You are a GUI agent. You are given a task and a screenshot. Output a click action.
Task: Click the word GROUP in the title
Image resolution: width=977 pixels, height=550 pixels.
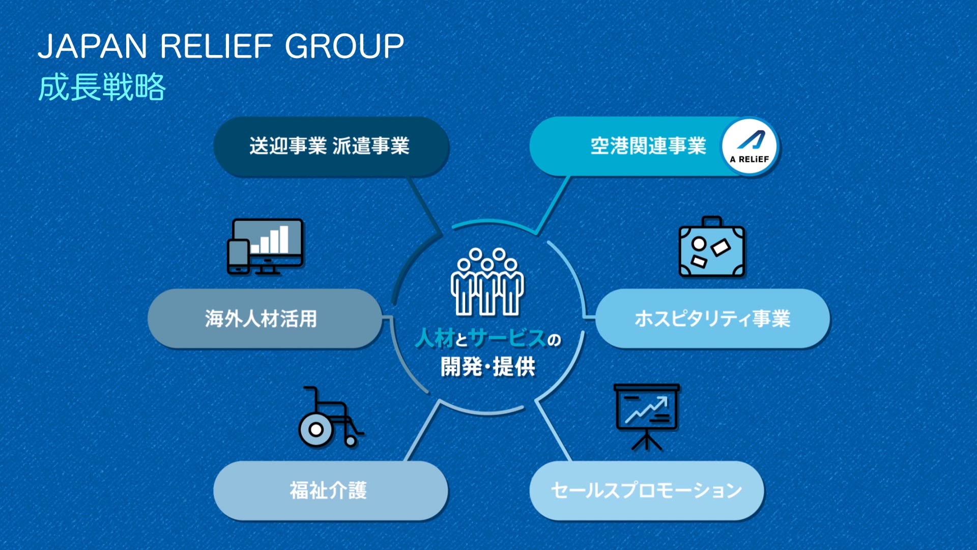[x=344, y=46]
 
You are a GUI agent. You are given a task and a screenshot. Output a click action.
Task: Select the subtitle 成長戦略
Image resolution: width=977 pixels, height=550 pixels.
[x=102, y=87]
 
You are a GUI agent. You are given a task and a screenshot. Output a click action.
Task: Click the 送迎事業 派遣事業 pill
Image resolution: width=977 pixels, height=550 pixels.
[x=330, y=147]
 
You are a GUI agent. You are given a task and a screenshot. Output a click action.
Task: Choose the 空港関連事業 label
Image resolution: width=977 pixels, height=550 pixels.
[x=648, y=147]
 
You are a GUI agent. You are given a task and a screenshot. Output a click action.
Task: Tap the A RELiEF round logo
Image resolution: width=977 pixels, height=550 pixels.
[x=750, y=147]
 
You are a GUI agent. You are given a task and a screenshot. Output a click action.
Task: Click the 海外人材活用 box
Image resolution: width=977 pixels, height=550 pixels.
[x=261, y=319]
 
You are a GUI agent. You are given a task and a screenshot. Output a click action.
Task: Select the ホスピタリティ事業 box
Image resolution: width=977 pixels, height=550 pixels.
[x=712, y=319]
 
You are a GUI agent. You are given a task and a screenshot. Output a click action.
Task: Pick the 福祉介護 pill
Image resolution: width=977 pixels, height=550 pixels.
[x=328, y=490]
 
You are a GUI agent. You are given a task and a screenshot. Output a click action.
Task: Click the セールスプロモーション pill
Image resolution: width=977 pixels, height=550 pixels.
[x=646, y=490]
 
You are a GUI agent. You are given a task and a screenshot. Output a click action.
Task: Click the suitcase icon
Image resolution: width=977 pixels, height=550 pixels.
[x=712, y=248]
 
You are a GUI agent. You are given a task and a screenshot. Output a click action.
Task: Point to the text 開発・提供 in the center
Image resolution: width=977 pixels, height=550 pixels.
[x=487, y=367]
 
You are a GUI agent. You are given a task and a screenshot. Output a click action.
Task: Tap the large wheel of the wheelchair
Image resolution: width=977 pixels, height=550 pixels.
[x=316, y=430]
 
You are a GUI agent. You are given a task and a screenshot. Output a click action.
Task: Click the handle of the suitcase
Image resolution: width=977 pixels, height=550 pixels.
[x=712, y=222]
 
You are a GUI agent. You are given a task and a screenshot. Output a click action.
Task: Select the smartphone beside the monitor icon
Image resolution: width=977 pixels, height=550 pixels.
[x=238, y=257]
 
